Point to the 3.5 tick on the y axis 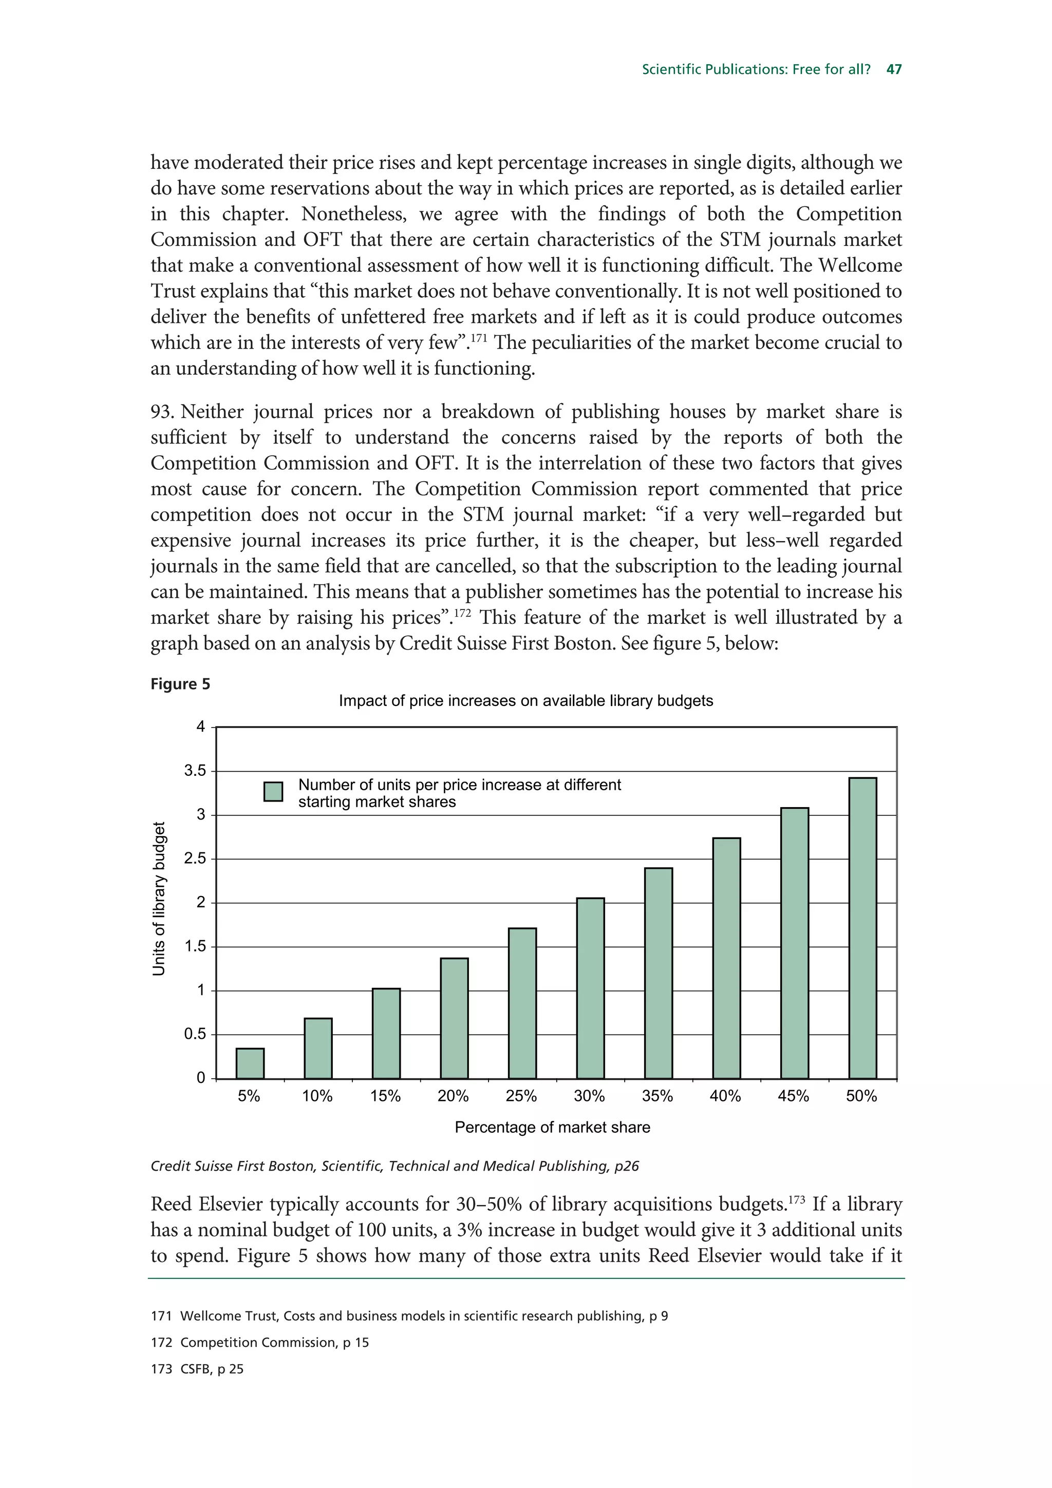click(x=195, y=771)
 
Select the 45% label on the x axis click(x=794, y=1096)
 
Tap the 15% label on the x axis click(x=385, y=1096)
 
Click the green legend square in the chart click(x=273, y=792)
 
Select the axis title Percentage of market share click(x=552, y=1127)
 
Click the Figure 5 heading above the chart click(x=180, y=684)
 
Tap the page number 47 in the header click(x=894, y=69)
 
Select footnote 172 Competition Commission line click(x=259, y=1342)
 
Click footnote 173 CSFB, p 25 click(x=197, y=1369)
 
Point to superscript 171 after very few click(x=478, y=337)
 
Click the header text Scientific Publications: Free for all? click(x=756, y=69)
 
